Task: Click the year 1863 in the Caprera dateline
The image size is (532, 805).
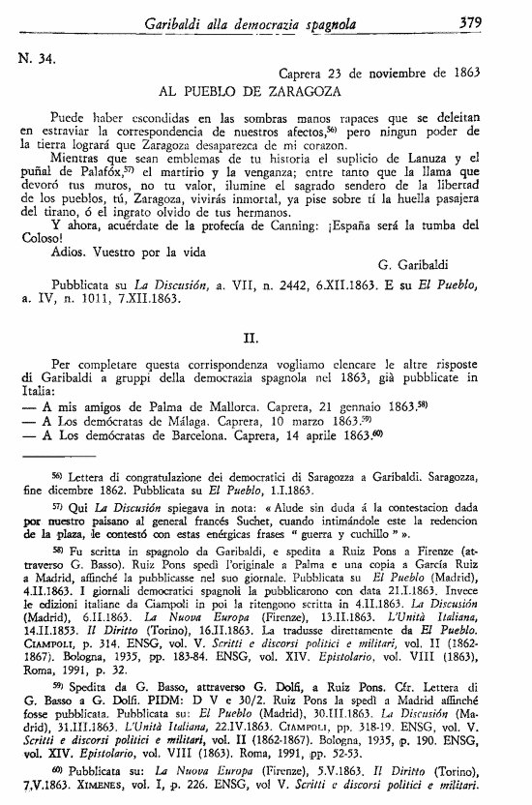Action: point(464,73)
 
